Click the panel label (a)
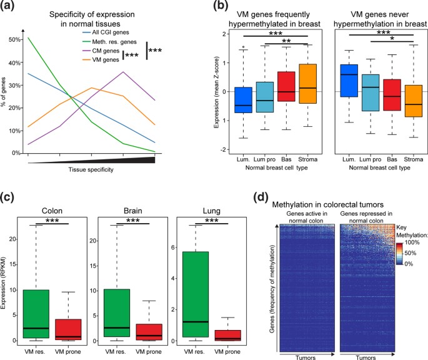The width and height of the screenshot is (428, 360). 12,9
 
